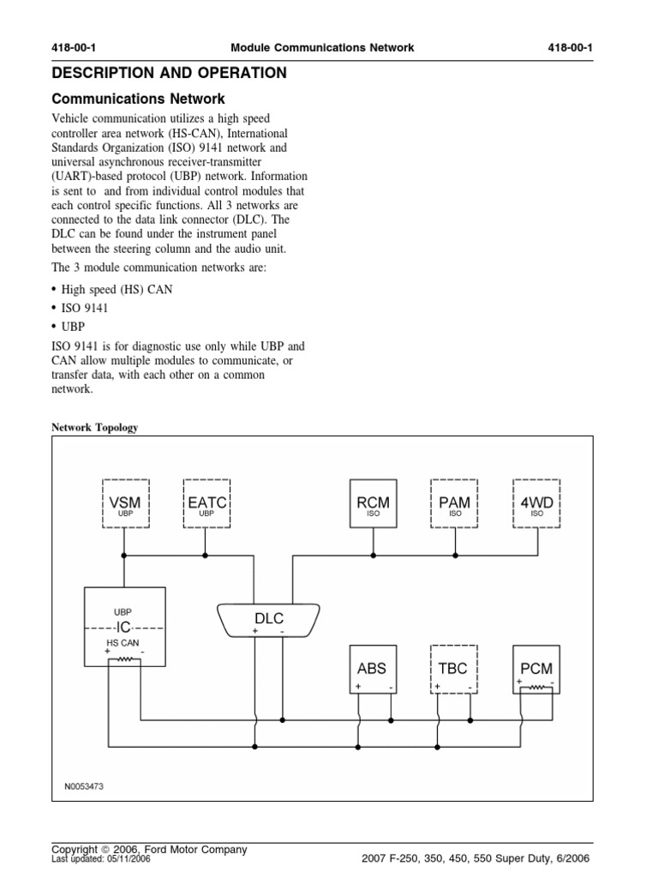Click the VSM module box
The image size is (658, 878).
125,503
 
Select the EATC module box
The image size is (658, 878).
206,503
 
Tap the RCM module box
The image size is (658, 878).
373,503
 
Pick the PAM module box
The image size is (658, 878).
454,503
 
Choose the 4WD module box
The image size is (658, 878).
536,503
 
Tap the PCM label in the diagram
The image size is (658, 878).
536,668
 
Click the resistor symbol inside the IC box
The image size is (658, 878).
125,659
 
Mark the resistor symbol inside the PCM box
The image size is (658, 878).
536,687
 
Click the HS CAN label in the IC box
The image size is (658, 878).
123,641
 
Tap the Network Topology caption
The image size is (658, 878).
95,427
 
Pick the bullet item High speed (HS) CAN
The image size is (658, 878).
117,290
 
